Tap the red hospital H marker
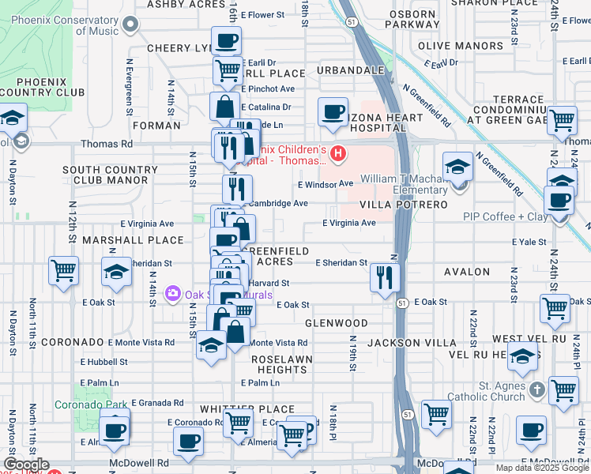(339, 153)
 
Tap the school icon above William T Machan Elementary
(457, 167)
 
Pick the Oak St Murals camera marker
(172, 295)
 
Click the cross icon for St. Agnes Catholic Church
(536, 389)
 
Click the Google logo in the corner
(26, 465)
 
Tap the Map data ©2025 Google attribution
(543, 468)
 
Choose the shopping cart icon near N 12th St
(63, 271)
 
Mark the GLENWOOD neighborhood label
(337, 323)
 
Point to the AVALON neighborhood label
(467, 272)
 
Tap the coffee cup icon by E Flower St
(227, 41)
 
